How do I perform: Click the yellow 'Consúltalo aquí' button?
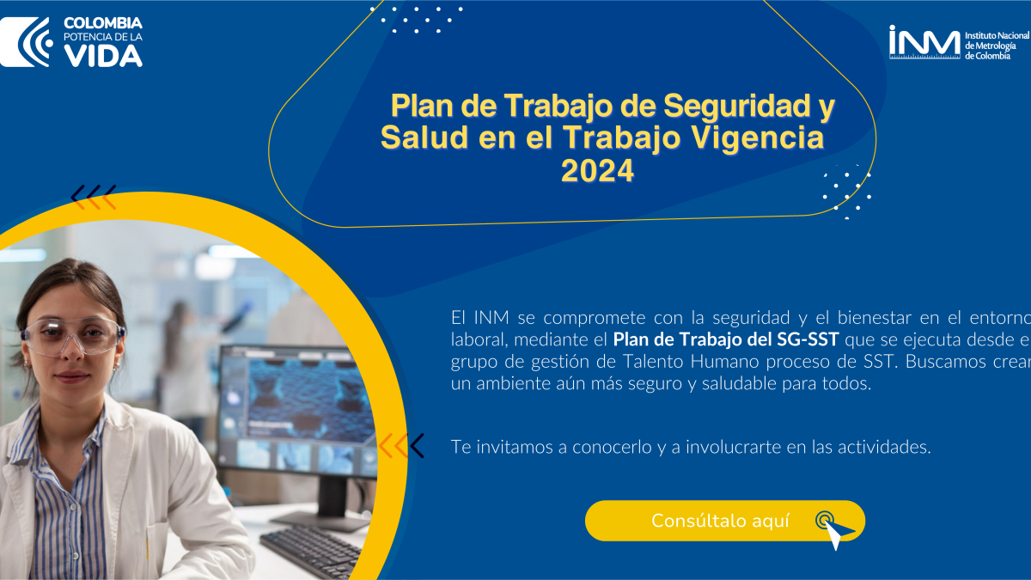tap(725, 521)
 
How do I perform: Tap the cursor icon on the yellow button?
tap(834, 530)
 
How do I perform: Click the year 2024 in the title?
tap(597, 171)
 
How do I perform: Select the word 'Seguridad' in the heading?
tap(736, 106)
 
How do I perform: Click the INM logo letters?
tap(924, 42)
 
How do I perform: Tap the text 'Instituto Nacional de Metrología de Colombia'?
tap(997, 46)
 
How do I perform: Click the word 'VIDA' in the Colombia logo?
tap(103, 56)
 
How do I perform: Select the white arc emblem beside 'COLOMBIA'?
tap(27, 42)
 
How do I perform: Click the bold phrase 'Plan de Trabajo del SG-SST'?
tap(726, 339)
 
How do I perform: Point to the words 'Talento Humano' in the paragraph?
tap(691, 362)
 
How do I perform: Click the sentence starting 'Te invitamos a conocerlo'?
tap(691, 447)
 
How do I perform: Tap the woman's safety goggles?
tap(73, 336)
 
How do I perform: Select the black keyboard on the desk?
tap(314, 551)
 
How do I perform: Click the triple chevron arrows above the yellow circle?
tap(94, 197)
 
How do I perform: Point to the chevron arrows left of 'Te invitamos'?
tap(401, 446)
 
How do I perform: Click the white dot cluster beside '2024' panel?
tap(847, 192)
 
